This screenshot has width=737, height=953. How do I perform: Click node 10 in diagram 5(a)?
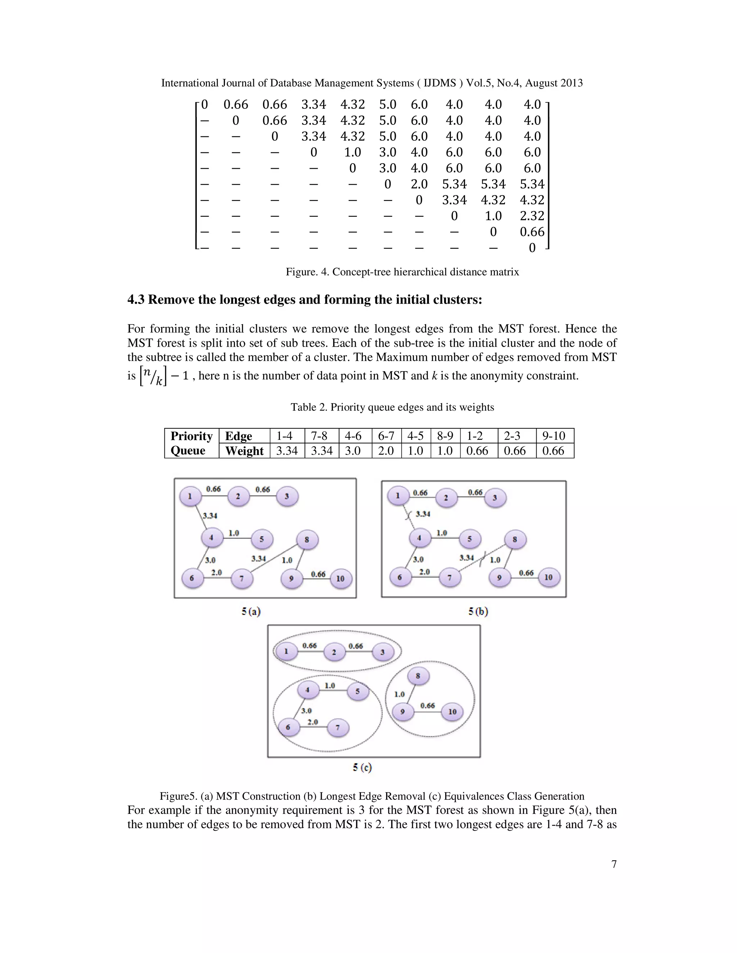(340, 579)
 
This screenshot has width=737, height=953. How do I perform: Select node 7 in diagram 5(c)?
(338, 728)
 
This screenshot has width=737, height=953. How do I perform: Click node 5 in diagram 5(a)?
(262, 539)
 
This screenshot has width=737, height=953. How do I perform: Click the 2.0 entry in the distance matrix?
(419, 184)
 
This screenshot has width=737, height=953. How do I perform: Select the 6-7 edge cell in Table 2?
(386, 436)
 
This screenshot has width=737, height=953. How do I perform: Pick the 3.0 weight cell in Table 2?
(353, 451)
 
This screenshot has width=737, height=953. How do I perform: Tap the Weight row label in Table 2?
(244, 451)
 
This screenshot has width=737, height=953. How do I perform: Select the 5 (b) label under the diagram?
(478, 611)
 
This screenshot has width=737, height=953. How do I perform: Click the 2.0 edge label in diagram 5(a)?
(217, 572)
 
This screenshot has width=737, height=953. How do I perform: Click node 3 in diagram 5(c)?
(383, 652)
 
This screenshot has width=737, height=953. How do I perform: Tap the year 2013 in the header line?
(569, 83)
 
